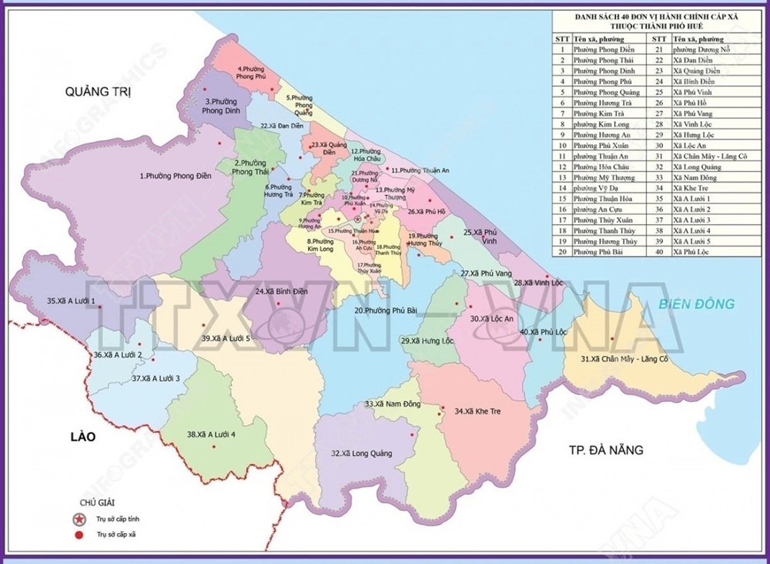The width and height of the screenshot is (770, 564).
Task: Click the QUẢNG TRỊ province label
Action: tap(98, 92)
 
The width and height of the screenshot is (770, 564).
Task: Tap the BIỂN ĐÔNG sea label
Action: tap(696, 304)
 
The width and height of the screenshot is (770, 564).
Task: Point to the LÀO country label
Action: tap(82, 437)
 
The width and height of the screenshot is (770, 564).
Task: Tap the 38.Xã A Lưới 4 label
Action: tap(211, 435)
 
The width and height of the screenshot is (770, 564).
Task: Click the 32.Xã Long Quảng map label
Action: tap(361, 454)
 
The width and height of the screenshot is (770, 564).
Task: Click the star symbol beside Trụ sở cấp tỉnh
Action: tap(78, 519)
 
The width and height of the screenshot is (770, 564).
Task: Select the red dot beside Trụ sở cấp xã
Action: tap(78, 534)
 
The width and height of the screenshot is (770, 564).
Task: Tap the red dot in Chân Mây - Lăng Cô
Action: tap(612, 339)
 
